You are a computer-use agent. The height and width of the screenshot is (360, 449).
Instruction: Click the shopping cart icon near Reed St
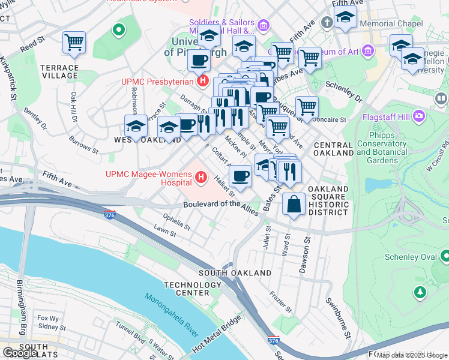click(74, 42)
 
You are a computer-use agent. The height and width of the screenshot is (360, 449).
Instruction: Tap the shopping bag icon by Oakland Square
click(294, 204)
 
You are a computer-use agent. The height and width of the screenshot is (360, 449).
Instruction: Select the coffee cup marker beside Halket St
click(240, 176)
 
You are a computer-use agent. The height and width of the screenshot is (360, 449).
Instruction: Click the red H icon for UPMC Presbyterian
click(203, 80)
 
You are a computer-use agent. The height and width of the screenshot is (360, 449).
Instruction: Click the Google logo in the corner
click(19, 353)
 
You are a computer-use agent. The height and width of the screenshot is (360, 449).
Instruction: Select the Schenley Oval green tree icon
click(420, 292)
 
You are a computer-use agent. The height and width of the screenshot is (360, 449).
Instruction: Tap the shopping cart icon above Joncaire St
click(306, 107)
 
